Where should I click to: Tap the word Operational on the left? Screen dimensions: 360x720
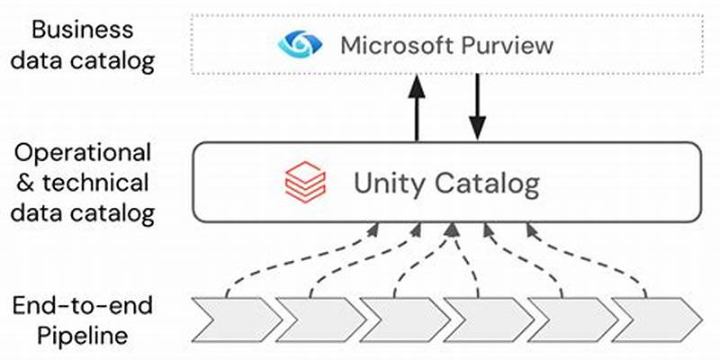pyautogui.click(x=83, y=151)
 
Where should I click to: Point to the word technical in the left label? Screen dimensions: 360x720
pyautogui.click(x=95, y=183)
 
